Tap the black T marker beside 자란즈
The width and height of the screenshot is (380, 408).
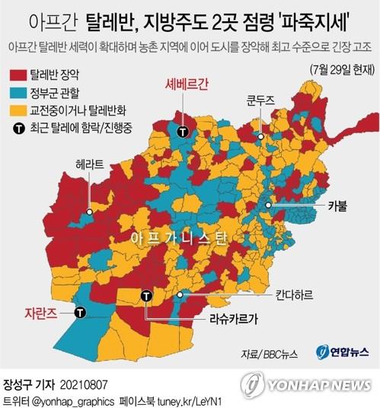[79, 311]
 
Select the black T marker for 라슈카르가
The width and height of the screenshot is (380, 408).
[145, 295]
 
